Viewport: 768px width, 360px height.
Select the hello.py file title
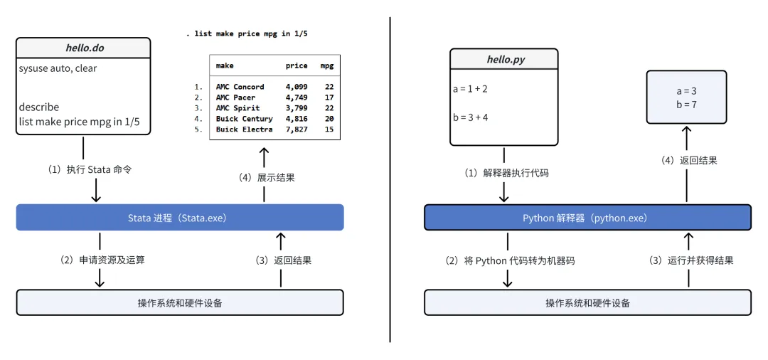[x=506, y=60]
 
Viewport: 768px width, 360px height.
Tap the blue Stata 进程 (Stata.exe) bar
[x=179, y=218]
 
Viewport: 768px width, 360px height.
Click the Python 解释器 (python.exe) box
[x=587, y=218]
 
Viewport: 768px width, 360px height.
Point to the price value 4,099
[x=297, y=87]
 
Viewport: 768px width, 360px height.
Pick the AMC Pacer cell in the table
[x=235, y=97]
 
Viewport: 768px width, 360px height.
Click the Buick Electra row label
[x=244, y=129]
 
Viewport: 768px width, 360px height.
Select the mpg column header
[x=327, y=65]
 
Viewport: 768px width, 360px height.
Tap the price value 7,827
[x=297, y=129]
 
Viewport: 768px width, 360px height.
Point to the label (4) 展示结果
[x=267, y=178]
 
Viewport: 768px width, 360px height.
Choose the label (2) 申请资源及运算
[x=102, y=260]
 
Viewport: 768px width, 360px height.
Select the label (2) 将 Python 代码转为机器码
[x=509, y=261]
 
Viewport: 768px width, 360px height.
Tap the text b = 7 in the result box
[x=686, y=105]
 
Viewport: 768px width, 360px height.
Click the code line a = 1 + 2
[x=470, y=90]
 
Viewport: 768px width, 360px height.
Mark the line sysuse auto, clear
[x=58, y=68]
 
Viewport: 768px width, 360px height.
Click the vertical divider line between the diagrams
[x=390, y=178]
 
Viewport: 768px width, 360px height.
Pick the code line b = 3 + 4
[x=470, y=117]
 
